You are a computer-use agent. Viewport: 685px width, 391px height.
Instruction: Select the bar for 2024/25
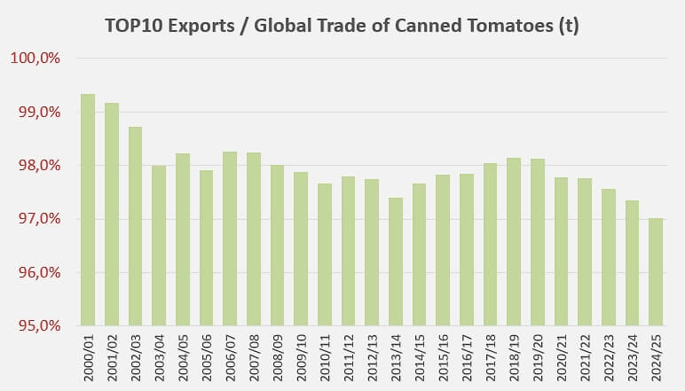[x=656, y=271]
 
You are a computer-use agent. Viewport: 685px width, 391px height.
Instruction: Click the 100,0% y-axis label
[x=35, y=59]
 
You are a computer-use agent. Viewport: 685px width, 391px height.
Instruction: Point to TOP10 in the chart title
[x=130, y=26]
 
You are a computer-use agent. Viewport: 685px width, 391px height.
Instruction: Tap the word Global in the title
[x=282, y=26]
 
